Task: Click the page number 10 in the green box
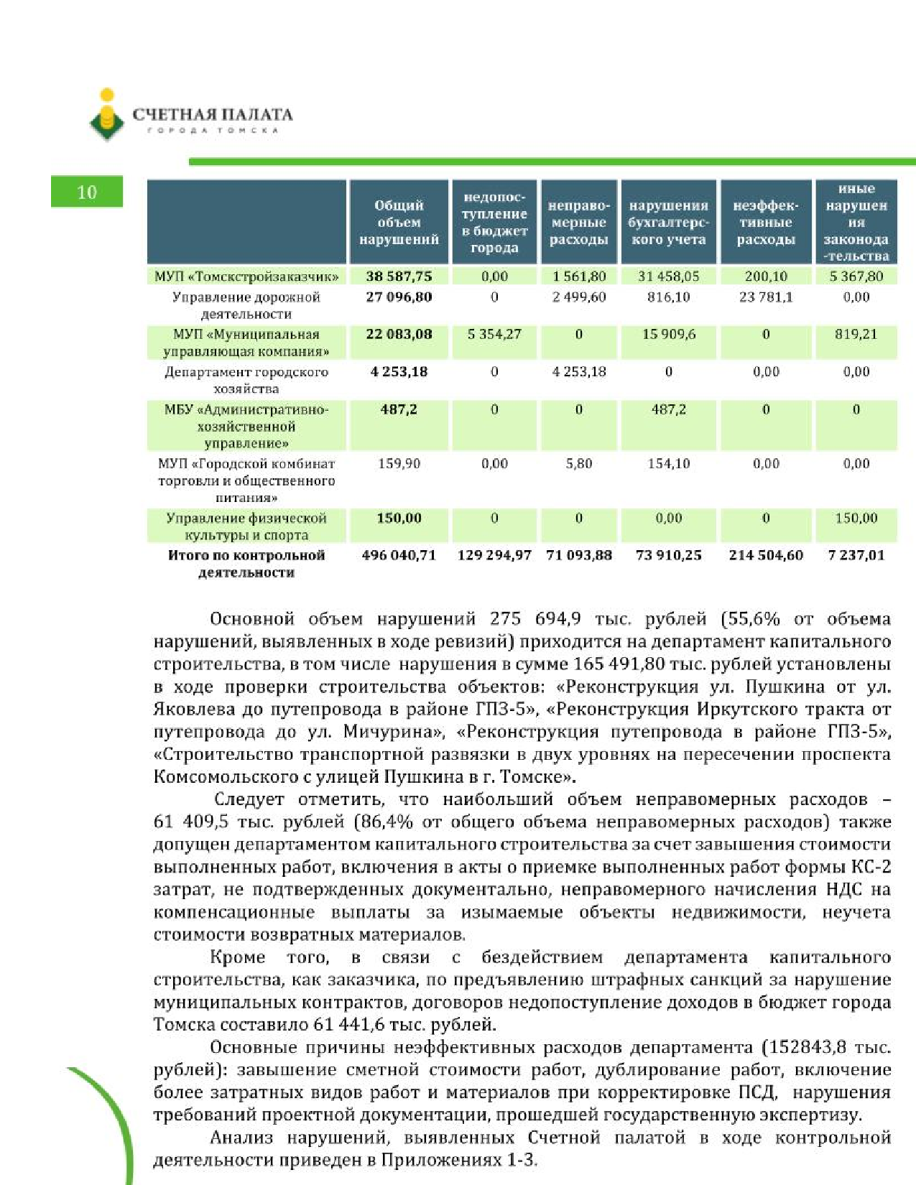coord(86,192)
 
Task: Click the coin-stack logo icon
coord(107,115)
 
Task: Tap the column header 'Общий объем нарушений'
coord(399,222)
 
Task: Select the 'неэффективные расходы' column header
coord(766,222)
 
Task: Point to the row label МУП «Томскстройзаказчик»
coord(246,276)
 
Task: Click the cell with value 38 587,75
coord(399,276)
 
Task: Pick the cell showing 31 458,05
coord(668,276)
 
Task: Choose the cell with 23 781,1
coord(766,297)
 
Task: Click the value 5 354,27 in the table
coord(494,335)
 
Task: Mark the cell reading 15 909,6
coord(668,335)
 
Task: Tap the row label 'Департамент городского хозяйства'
coord(246,380)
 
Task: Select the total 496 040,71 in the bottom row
coord(399,555)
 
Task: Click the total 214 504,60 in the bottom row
coord(766,555)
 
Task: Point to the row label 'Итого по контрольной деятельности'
coord(246,564)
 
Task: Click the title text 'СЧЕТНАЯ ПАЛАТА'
coord(213,114)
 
